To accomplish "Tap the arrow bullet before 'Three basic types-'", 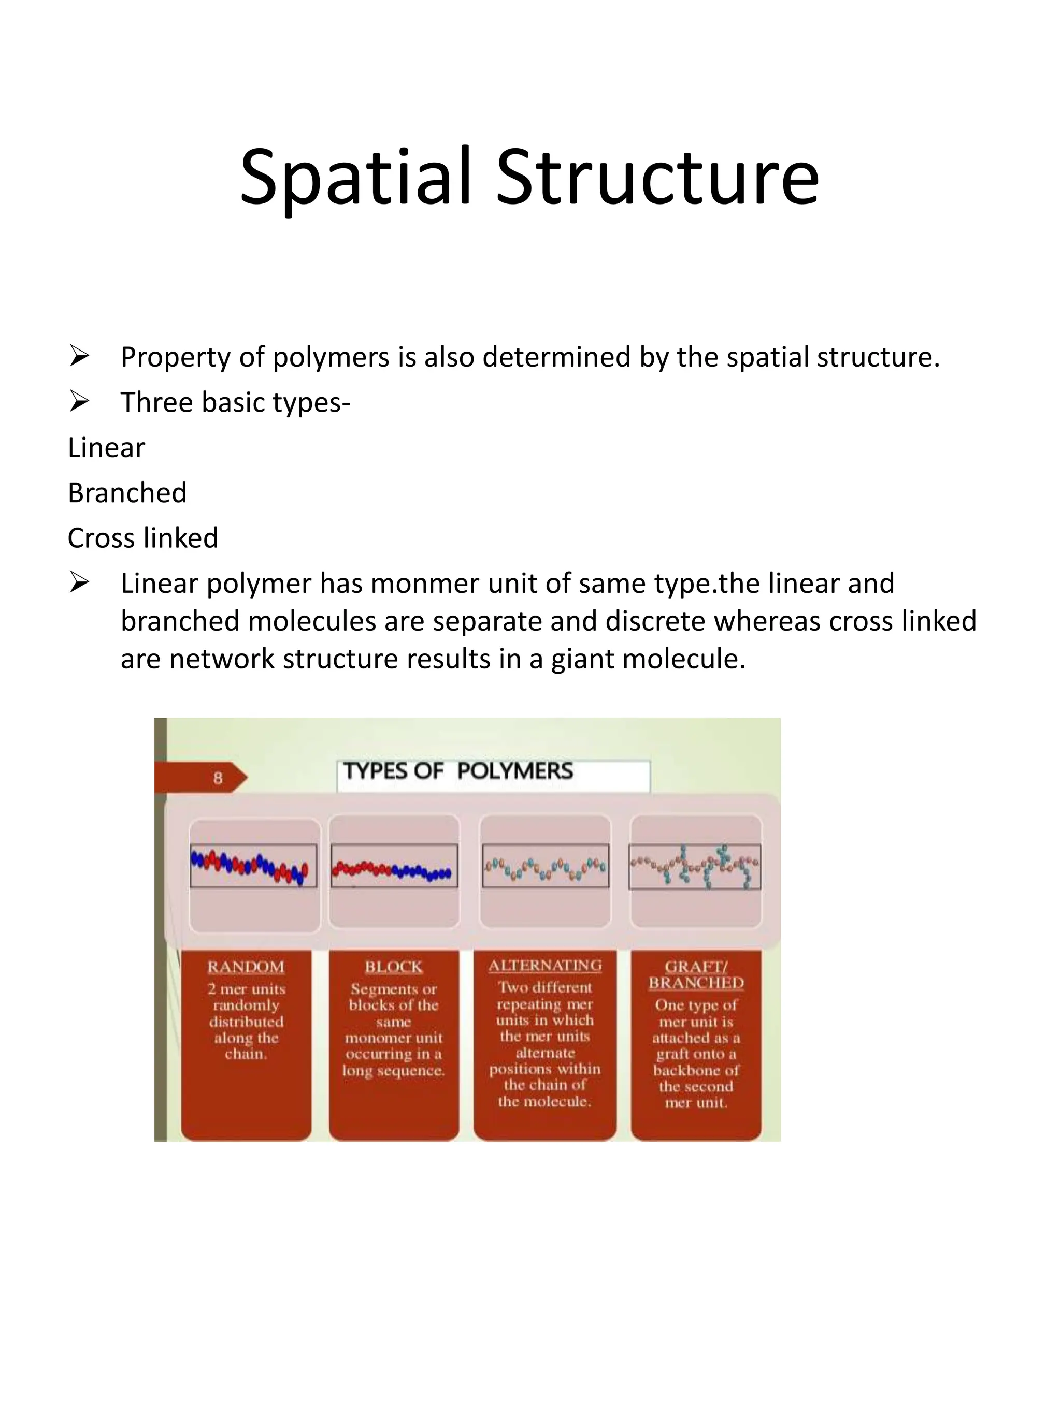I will (79, 401).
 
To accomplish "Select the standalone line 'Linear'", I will (106, 447).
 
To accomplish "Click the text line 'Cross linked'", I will (142, 537).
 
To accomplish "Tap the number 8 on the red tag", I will (218, 778).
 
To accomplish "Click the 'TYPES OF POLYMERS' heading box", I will (493, 774).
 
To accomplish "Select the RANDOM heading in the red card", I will (246, 967).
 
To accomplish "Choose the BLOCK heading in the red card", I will (393, 967).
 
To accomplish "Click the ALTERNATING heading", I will (545, 965).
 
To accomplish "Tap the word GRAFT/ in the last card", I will (696, 967).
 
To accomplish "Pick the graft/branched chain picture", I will (695, 866).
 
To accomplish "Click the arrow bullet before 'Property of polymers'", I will (79, 356).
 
